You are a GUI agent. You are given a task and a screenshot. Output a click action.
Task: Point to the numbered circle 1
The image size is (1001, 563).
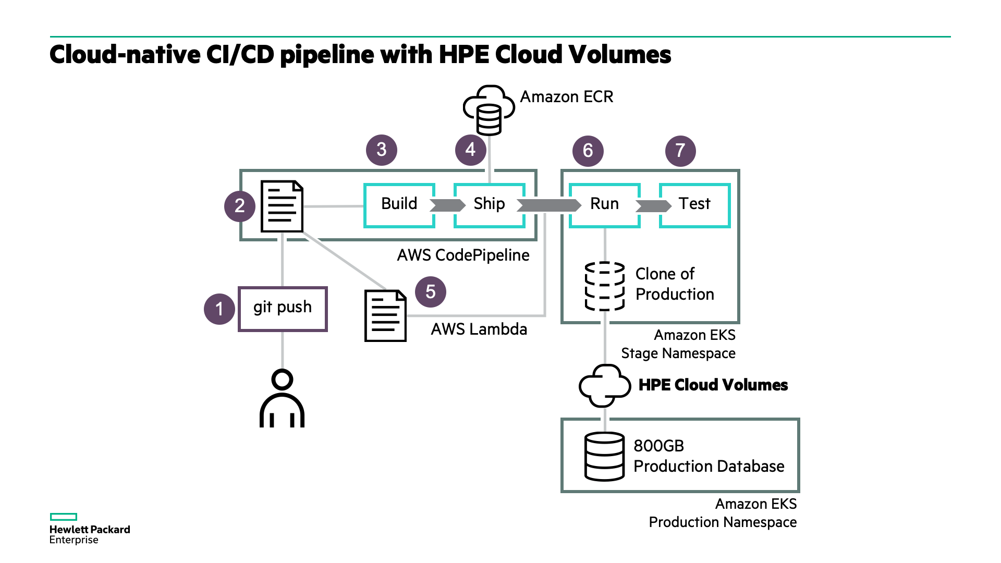tap(219, 309)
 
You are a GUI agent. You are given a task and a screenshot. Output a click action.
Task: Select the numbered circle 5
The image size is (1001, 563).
tap(431, 292)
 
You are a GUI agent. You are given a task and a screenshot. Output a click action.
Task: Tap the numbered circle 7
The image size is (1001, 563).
tap(680, 151)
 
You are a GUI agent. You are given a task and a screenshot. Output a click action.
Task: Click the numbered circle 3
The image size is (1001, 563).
tap(382, 150)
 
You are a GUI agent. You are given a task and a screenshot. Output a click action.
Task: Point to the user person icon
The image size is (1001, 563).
tap(282, 398)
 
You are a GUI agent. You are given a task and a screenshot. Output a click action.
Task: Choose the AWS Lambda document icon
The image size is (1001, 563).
tap(385, 316)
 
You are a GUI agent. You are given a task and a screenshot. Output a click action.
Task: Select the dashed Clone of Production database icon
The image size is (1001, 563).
tap(605, 286)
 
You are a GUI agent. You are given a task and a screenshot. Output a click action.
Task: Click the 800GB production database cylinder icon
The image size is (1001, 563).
tap(605, 456)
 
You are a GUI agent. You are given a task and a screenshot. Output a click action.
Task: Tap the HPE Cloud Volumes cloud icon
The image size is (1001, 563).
tap(605, 386)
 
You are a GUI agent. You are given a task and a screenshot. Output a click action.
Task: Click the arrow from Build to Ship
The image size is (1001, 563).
tap(447, 205)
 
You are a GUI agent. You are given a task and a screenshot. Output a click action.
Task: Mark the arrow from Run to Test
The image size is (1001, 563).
tap(653, 206)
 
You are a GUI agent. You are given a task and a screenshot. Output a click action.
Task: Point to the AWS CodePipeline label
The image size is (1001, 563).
tap(463, 255)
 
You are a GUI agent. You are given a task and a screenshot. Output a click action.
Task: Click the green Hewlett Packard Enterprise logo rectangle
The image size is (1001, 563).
tap(64, 517)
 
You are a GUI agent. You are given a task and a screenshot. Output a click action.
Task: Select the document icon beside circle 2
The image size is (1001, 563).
tap(282, 206)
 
